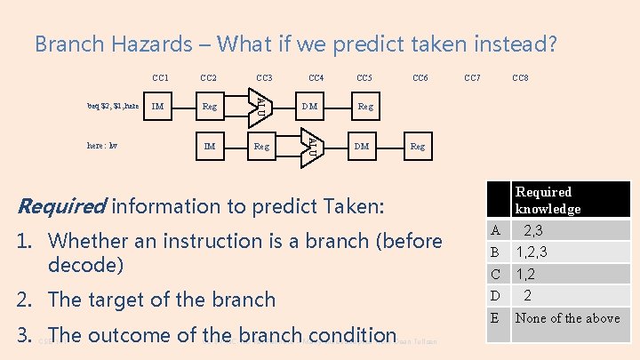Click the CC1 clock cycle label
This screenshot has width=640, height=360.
(161, 78)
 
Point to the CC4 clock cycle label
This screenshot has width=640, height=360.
(316, 78)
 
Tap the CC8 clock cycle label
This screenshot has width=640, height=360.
(521, 78)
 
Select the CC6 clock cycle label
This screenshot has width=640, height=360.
(420, 78)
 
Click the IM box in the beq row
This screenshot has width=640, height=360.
(158, 108)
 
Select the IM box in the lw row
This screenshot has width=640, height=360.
(210, 146)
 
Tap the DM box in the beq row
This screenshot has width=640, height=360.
(310, 108)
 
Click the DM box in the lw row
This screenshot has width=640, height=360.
(362, 146)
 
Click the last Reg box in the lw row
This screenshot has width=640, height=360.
(418, 146)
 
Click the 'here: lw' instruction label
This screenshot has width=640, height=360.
(102, 145)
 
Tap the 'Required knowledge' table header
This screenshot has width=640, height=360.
(548, 200)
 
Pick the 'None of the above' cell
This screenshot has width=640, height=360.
(567, 317)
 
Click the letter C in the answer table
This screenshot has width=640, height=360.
(495, 275)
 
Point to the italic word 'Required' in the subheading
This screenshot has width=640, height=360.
(61, 206)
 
